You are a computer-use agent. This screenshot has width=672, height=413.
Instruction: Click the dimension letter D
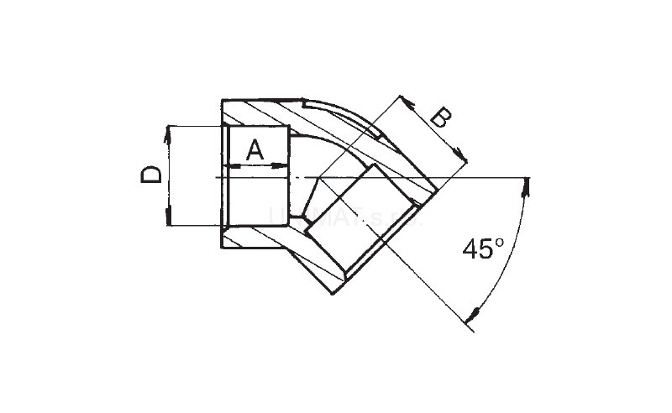tap(150, 175)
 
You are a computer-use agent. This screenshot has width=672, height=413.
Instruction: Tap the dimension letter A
tap(255, 151)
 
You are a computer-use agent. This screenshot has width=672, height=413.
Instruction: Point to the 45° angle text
tap(482, 250)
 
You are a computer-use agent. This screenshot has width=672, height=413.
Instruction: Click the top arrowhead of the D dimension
tap(169, 130)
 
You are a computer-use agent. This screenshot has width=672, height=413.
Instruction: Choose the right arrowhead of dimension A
tap(285, 166)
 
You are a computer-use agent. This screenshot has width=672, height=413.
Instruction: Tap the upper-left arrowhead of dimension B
tap(402, 100)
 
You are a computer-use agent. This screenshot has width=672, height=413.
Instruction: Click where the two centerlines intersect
tap(317, 178)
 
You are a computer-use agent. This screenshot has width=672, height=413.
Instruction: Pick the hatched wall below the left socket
tap(252, 237)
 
